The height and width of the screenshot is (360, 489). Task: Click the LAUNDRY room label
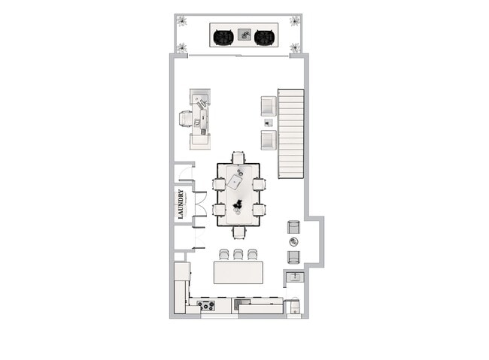click(x=181, y=203)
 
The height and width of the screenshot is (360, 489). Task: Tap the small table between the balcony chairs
click(x=244, y=34)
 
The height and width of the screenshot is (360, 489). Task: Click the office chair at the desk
click(x=187, y=119)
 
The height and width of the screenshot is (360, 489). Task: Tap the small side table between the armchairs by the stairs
click(x=269, y=123)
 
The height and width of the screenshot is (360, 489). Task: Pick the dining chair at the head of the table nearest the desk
click(x=238, y=158)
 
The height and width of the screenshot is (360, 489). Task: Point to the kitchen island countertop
click(x=238, y=272)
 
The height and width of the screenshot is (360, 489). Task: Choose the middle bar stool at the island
click(x=238, y=254)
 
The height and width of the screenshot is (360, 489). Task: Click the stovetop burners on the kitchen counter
click(x=205, y=305)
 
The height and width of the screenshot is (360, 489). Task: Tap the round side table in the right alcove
click(x=293, y=241)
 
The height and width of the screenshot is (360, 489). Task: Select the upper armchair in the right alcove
click(x=293, y=227)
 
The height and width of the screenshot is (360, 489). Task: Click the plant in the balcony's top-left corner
click(x=181, y=22)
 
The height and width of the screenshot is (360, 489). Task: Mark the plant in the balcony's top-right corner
click(x=296, y=22)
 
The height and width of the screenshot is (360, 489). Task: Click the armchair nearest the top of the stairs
click(x=269, y=106)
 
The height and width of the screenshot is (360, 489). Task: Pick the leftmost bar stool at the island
click(x=223, y=254)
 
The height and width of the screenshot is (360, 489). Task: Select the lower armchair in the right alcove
click(x=293, y=256)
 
